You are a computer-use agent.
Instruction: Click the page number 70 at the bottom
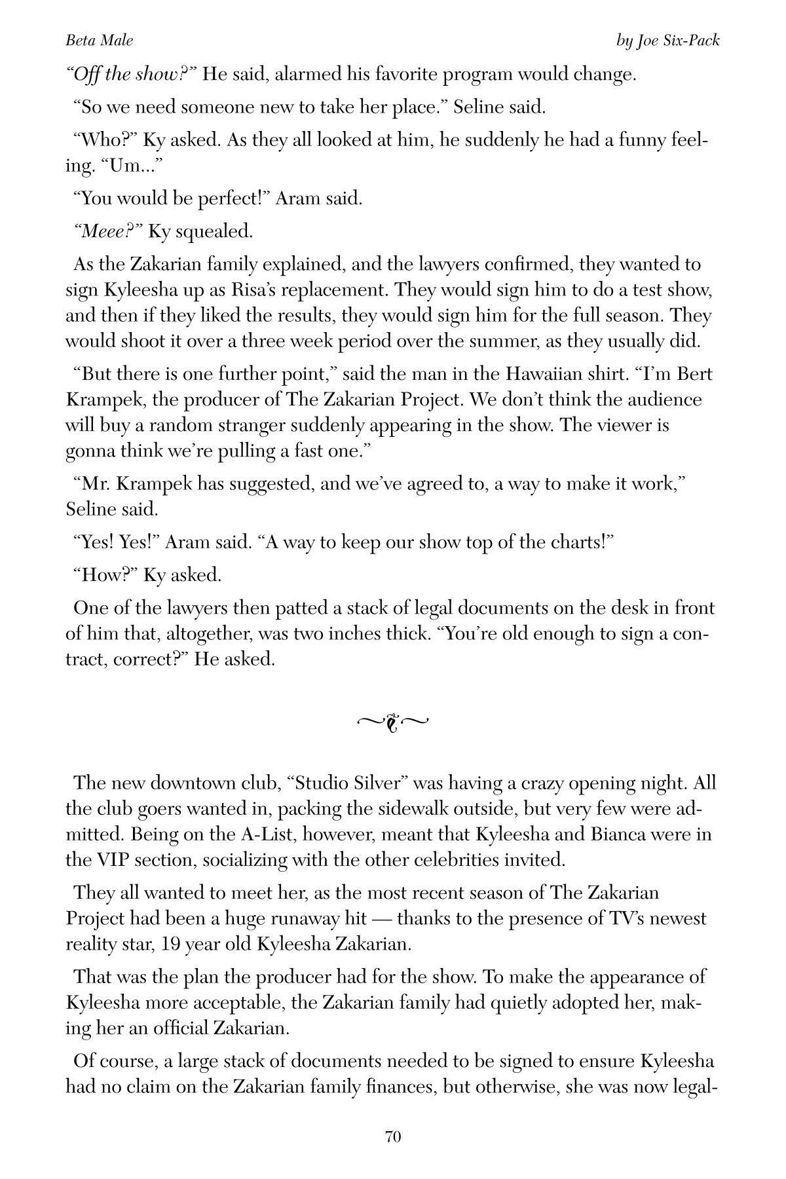click(x=393, y=1136)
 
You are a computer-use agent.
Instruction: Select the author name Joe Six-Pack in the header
click(x=678, y=41)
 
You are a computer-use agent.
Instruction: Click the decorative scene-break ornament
click(x=393, y=722)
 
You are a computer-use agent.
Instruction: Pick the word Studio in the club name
click(x=324, y=783)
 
